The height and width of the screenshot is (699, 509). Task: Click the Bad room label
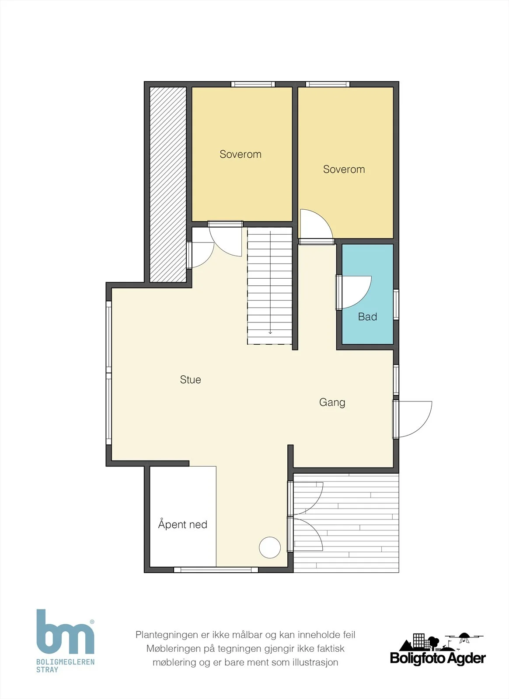(368, 317)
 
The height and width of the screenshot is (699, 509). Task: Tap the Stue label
(191, 380)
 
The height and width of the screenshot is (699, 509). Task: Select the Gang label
(332, 402)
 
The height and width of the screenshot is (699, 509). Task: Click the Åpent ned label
(183, 524)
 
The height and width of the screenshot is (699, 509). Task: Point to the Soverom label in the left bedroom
(241, 154)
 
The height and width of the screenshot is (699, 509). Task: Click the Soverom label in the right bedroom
(344, 169)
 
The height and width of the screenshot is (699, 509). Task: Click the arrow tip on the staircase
(270, 334)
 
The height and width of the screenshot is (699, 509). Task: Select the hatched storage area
(168, 184)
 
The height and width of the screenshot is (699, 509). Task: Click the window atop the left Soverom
(253, 84)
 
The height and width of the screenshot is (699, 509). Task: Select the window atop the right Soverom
(328, 84)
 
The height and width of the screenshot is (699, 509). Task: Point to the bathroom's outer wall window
(396, 305)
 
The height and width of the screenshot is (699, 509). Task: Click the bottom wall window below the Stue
(216, 570)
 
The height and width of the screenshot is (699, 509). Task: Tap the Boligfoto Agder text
(438, 659)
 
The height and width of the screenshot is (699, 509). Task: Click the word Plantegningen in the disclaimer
(167, 635)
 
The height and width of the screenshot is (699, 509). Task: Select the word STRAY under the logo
(47, 670)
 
